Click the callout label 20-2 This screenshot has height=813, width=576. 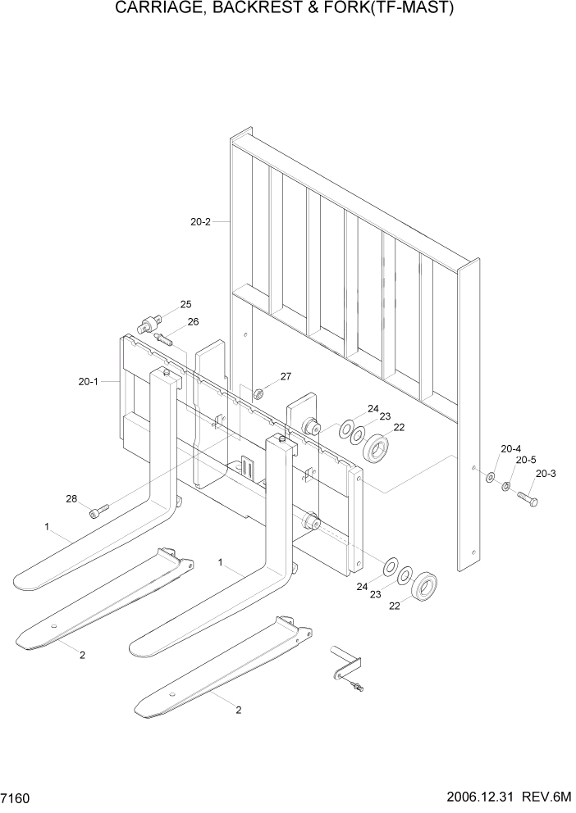click(x=200, y=221)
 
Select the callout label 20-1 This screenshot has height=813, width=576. click(x=89, y=381)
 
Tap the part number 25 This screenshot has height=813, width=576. click(x=185, y=304)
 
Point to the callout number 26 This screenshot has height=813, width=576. click(x=193, y=322)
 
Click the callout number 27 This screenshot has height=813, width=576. click(x=286, y=377)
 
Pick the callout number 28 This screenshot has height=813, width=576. click(x=71, y=498)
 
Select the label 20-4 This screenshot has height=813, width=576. click(x=511, y=448)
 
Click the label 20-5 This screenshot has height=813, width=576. click(x=525, y=461)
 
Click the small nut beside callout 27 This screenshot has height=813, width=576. click(x=258, y=393)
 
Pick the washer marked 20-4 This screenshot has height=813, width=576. click(x=490, y=477)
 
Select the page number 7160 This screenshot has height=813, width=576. click(x=18, y=797)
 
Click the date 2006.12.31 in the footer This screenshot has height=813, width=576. click(x=482, y=797)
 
